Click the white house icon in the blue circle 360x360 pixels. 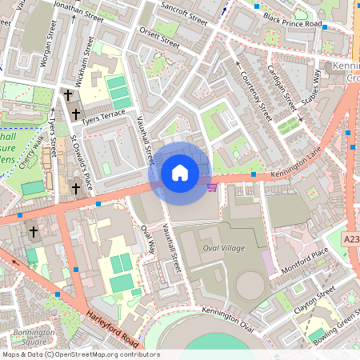180,173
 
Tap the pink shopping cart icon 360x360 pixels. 212,186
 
